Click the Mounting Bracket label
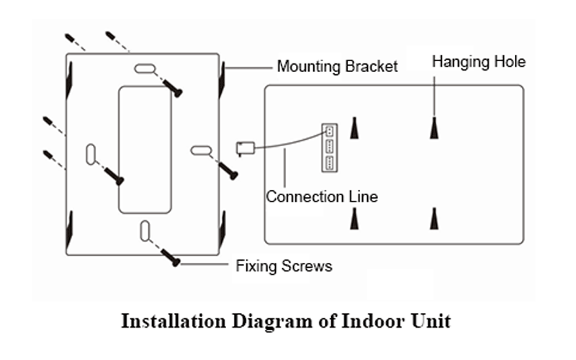point(337,67)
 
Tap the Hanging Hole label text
point(478,62)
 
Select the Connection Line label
point(322,197)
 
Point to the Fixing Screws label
point(284,266)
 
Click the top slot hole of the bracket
point(144,70)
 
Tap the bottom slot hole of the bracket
point(145,230)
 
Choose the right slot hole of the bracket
point(200,150)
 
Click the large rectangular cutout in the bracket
point(145,149)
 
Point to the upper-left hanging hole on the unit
point(354,127)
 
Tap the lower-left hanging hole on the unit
point(354,217)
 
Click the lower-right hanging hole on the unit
point(433,217)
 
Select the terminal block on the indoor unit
point(328,147)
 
